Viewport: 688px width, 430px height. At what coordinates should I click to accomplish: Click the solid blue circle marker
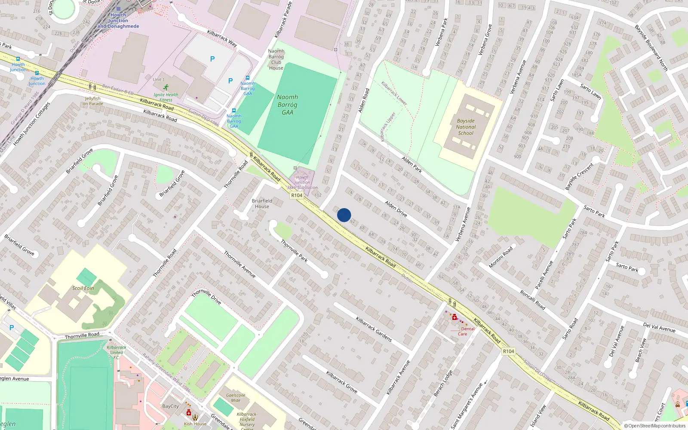[344, 215]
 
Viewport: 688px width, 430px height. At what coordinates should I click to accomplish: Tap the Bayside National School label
[466, 127]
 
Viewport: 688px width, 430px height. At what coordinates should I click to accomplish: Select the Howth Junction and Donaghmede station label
[118, 21]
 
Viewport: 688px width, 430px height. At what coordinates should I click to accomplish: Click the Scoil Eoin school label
[83, 288]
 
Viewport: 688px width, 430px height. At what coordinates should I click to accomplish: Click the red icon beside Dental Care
[454, 317]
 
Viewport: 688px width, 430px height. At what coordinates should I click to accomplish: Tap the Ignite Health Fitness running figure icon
[166, 87]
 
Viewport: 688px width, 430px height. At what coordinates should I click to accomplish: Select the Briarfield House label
[262, 203]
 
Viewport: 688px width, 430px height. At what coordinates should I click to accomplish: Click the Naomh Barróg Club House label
[276, 59]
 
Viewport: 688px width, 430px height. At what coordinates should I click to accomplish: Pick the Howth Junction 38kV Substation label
[302, 182]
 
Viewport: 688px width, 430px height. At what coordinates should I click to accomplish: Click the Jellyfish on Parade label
[93, 101]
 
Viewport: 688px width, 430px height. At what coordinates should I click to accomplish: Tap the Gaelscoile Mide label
[236, 398]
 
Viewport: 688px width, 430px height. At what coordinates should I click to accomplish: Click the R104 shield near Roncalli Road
[508, 351]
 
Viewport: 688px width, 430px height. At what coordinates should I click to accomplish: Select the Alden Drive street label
[396, 209]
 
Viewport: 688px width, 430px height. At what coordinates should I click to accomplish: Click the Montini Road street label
[501, 257]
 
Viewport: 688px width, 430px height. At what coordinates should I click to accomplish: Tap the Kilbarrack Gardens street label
[374, 329]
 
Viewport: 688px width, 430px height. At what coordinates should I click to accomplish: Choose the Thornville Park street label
[294, 251]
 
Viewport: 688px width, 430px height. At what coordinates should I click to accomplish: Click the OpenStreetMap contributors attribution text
[655, 426]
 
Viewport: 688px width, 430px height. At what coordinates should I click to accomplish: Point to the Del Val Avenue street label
[659, 327]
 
